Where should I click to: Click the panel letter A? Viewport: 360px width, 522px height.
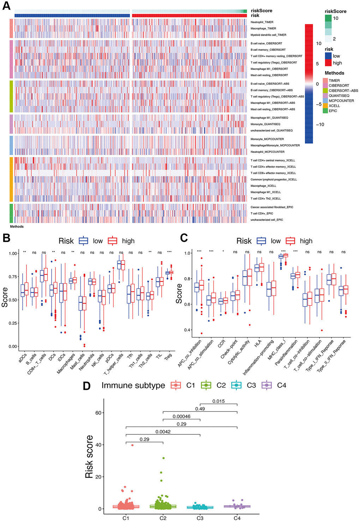point(6,6)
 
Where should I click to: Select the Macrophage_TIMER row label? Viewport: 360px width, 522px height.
point(263,29)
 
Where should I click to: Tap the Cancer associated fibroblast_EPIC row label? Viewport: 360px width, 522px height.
point(272,207)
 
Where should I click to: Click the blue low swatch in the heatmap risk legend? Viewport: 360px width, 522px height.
point(328,56)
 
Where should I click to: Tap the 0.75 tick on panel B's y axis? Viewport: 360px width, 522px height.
point(13,277)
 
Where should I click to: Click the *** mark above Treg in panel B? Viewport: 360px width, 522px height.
point(169,252)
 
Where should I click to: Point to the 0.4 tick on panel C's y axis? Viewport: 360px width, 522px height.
point(187,330)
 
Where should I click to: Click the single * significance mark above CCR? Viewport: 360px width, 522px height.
point(223,252)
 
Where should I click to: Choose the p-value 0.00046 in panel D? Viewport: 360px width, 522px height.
point(181,416)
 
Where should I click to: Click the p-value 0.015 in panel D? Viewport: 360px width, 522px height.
point(218,401)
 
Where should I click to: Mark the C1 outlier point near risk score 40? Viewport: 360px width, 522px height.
point(132,445)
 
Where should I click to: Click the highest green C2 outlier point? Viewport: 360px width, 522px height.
point(163,458)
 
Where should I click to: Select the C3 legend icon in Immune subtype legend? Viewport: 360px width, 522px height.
point(236,385)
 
